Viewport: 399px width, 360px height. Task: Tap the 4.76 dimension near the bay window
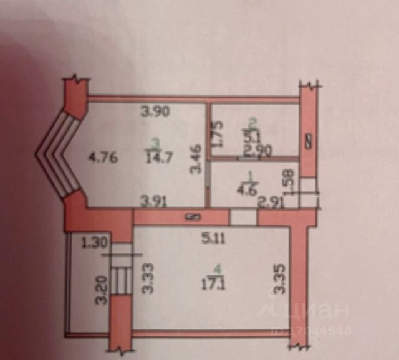(99, 158)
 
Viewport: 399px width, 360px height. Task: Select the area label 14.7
(156, 158)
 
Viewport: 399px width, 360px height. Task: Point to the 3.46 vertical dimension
(195, 158)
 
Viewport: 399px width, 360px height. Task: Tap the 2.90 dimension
(256, 149)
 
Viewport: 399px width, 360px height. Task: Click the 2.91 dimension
(271, 201)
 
